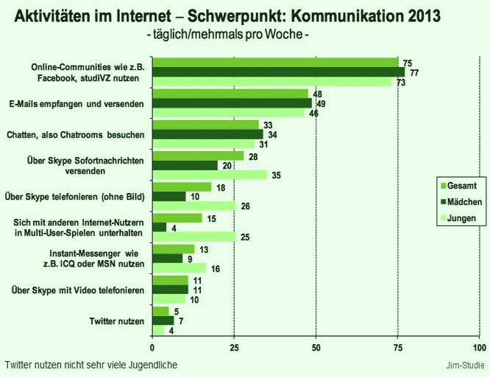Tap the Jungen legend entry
460,218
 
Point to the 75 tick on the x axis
398,347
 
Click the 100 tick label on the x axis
480,347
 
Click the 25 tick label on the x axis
234,347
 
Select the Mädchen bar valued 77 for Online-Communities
278,72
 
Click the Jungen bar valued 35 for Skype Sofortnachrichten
209,175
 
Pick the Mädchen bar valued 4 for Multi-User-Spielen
158,227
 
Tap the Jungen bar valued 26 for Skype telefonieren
194,206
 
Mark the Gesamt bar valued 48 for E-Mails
230,94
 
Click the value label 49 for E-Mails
320,104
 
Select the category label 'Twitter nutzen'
116,321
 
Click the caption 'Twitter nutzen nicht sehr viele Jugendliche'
90,365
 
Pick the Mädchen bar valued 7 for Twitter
163,321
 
